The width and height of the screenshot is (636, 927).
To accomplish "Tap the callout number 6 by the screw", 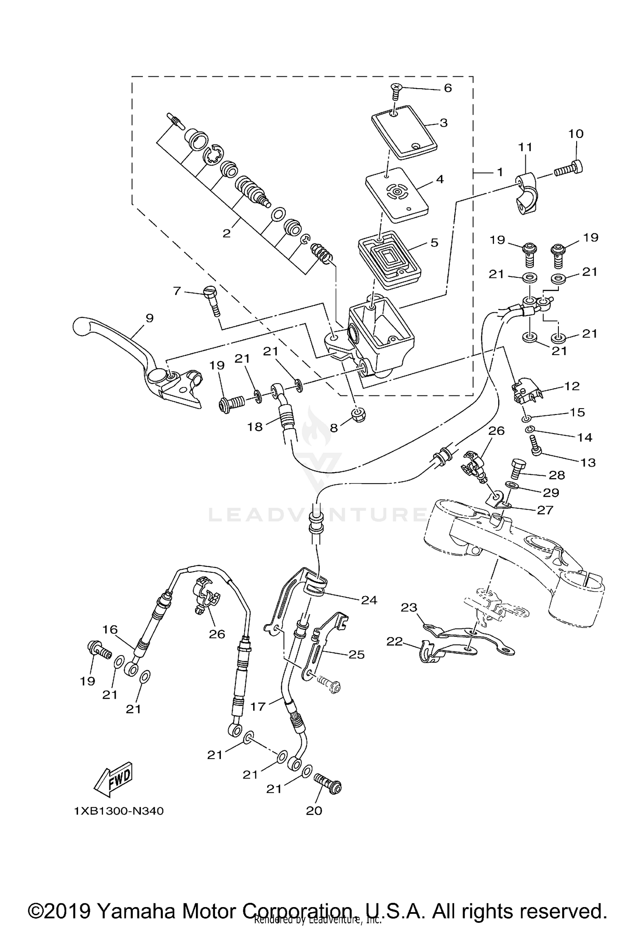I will pyautogui.click(x=448, y=88).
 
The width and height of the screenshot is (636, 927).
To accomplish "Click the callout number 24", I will pyautogui.click(x=369, y=600).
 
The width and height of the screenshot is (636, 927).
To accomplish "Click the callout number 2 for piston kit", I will pyautogui.click(x=226, y=233).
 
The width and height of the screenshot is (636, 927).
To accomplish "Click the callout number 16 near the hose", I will pyautogui.click(x=110, y=630).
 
